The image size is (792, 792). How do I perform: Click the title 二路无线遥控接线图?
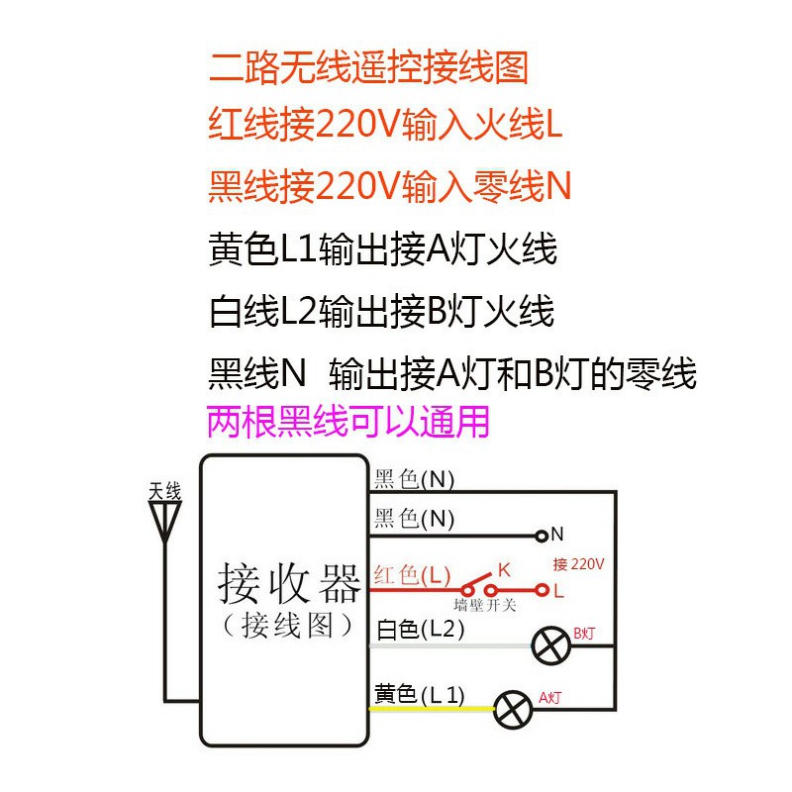[x=368, y=67]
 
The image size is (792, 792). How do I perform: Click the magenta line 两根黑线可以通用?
[x=348, y=424]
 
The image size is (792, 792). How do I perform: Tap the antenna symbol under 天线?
[x=164, y=521]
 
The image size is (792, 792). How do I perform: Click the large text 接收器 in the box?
[x=288, y=583]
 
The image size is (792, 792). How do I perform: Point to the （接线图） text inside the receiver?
[x=288, y=625]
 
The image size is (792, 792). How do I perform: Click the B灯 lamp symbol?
[x=549, y=646]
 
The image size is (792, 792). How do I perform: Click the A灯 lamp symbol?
[x=513, y=708]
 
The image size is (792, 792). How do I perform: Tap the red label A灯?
[x=549, y=699]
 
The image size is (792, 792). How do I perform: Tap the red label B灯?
[x=584, y=634]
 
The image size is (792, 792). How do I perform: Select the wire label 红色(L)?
[x=412, y=575]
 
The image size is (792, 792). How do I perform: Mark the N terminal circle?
[x=542, y=536]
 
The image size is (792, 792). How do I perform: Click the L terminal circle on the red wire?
[x=542, y=591]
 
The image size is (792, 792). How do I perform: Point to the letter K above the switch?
[x=503, y=570]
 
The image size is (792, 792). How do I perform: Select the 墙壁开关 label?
[x=485, y=606]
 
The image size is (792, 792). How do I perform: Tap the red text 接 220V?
[x=578, y=564]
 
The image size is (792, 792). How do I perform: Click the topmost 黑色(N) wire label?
[x=414, y=480]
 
